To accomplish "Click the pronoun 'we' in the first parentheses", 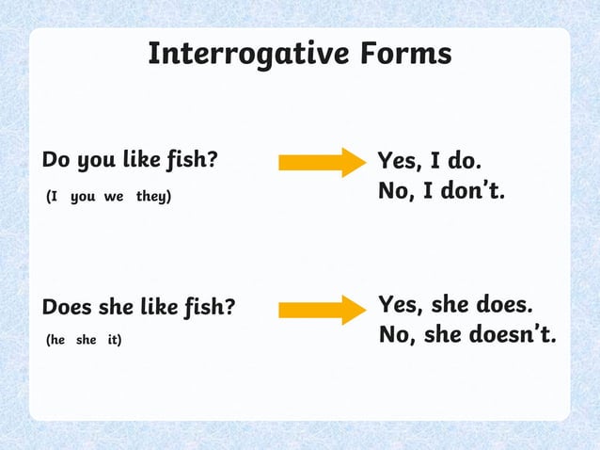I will coord(116,199).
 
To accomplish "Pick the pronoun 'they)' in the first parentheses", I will coord(153,199).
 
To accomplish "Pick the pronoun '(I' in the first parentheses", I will coord(53,199).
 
